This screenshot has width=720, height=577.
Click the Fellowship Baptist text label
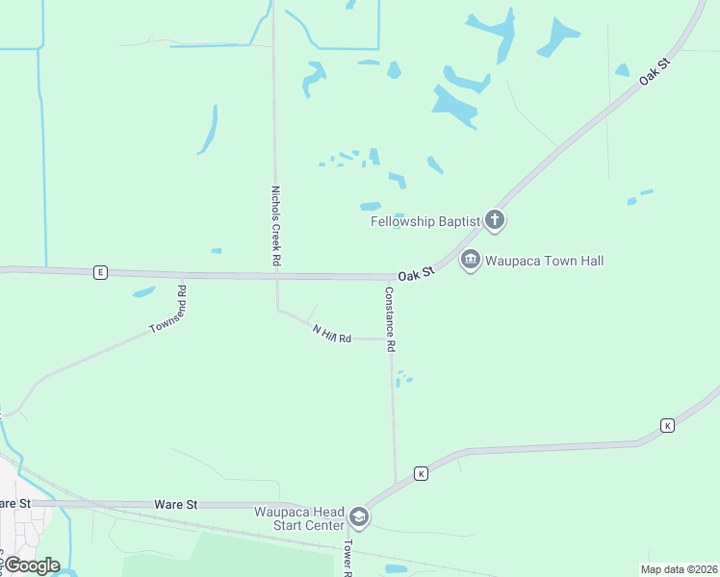[425, 221]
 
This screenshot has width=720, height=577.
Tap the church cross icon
[495, 221]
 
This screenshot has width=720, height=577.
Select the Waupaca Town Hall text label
[545, 260]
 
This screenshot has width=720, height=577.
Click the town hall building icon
[471, 260]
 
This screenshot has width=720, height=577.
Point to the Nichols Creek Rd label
[275, 226]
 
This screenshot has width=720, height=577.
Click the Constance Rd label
[390, 319]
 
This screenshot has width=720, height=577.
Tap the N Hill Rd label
[332, 334]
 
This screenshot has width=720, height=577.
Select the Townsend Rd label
[167, 310]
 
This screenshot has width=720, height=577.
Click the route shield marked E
[100, 272]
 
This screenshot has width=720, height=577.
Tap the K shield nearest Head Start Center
[421, 473]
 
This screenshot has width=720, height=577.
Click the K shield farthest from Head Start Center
[667, 425]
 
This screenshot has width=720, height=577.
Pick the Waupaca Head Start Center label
[299, 518]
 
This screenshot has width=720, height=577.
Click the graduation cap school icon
[359, 518]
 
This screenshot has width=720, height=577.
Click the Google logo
[32, 565]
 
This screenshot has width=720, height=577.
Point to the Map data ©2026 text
[680, 568]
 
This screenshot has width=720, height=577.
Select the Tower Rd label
[348, 557]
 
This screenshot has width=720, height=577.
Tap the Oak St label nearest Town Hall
[418, 274]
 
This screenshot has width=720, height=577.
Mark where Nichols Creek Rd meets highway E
[276, 276]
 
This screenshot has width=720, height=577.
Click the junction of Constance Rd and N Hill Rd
[393, 339]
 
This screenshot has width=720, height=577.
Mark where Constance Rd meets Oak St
[392, 278]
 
